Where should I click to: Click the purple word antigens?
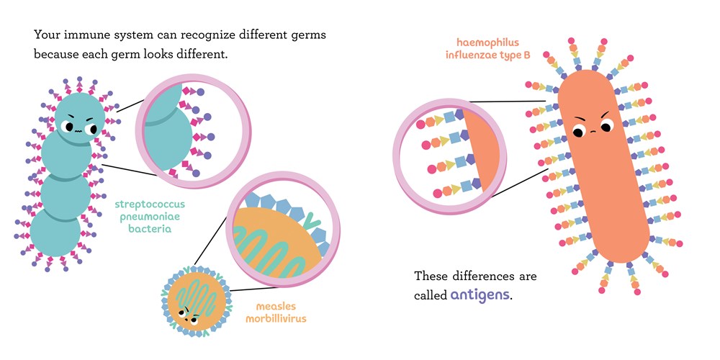(x=481, y=294)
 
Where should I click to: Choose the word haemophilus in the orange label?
(x=485, y=43)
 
